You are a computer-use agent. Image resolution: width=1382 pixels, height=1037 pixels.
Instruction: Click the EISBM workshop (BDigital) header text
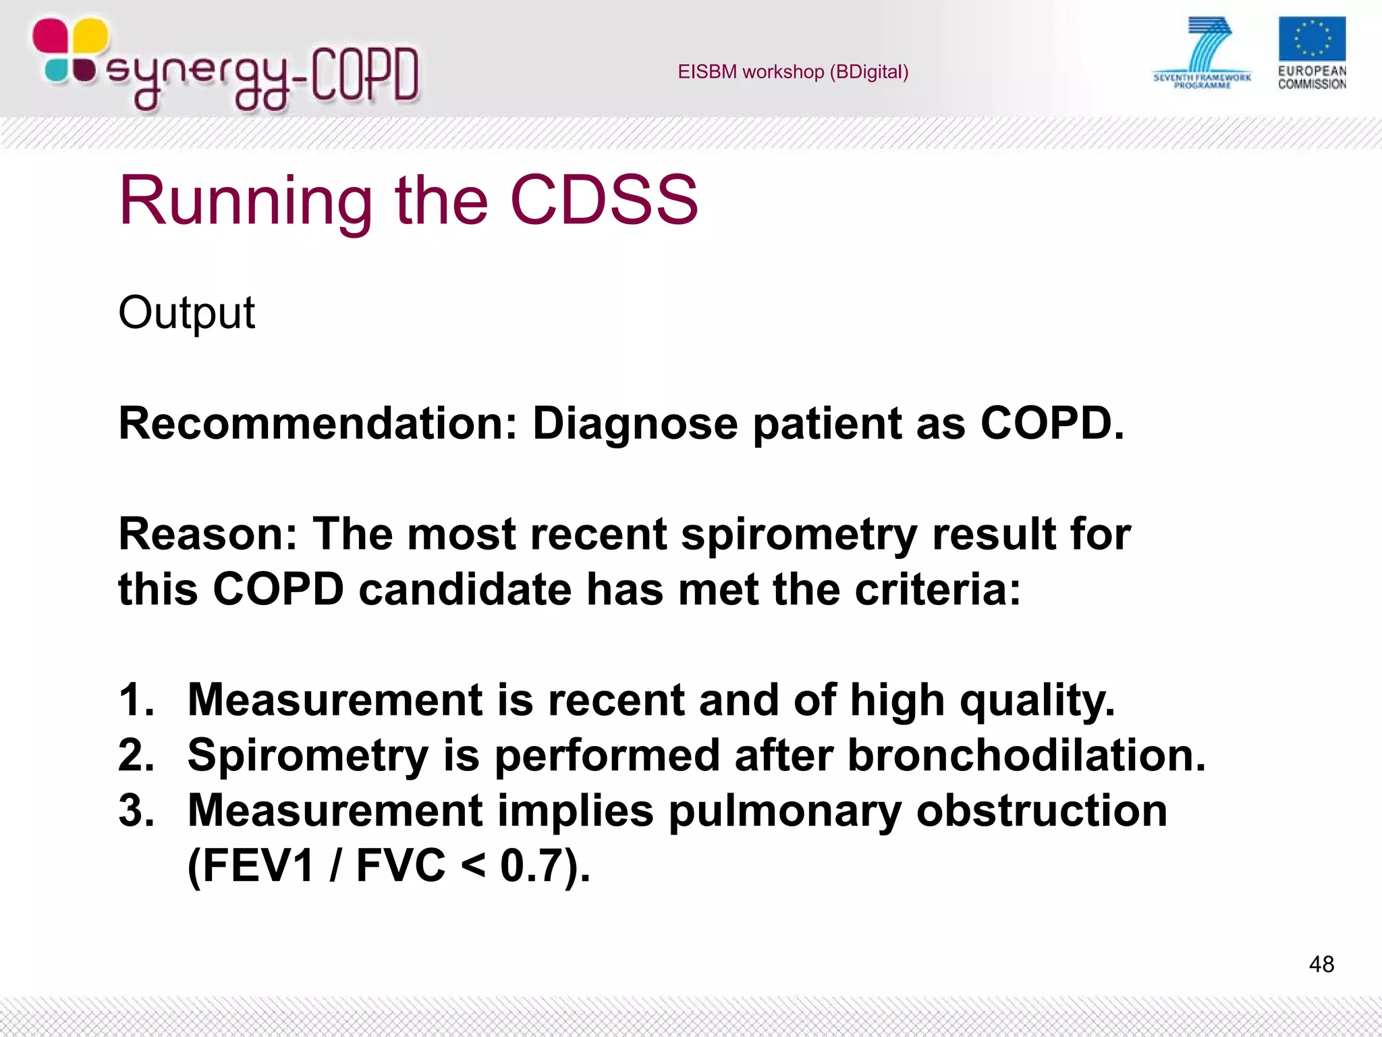pos(793,72)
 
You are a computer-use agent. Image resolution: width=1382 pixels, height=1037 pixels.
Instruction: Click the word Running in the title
pos(246,201)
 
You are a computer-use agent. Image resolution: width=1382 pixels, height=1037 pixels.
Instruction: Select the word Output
pos(187,313)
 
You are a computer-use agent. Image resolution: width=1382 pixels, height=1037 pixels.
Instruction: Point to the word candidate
pos(465,589)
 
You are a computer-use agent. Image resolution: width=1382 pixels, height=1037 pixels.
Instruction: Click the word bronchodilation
pos(1026,755)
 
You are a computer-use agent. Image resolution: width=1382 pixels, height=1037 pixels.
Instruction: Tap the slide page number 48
pos(1321,964)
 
